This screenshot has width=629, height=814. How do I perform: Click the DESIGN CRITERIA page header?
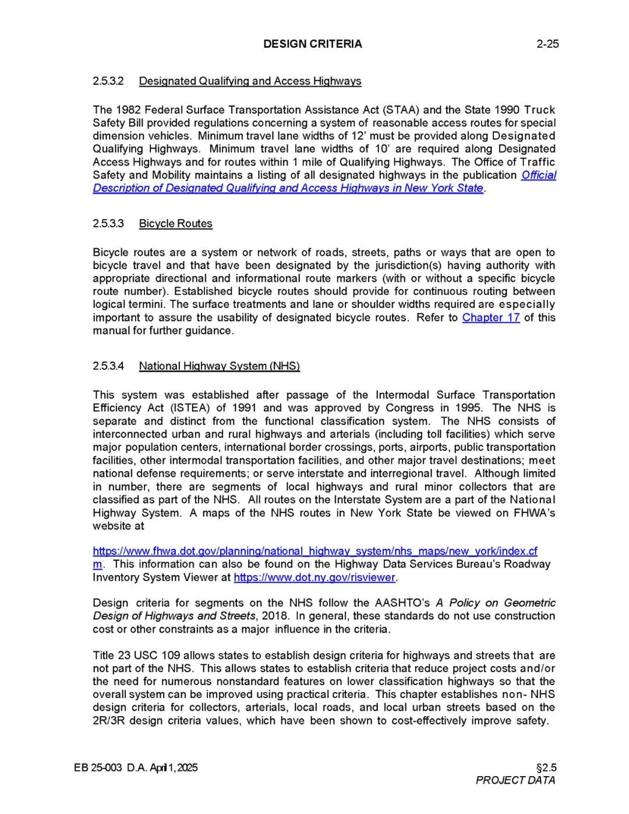tap(312, 44)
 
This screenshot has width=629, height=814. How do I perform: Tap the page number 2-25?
tap(547, 44)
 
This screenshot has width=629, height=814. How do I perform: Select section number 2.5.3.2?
tap(108, 81)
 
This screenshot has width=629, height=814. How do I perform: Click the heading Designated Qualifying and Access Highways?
tap(250, 81)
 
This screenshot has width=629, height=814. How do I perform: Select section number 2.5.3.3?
tap(108, 223)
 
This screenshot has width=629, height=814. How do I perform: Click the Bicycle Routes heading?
tap(175, 223)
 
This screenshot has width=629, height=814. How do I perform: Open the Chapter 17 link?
tap(490, 318)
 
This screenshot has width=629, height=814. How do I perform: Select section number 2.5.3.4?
tap(108, 366)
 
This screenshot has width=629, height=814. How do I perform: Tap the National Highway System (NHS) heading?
tap(219, 366)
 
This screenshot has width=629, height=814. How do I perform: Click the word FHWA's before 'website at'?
tap(534, 513)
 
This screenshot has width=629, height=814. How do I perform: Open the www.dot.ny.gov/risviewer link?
tap(314, 577)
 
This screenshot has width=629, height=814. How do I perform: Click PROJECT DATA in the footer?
tap(515, 780)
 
